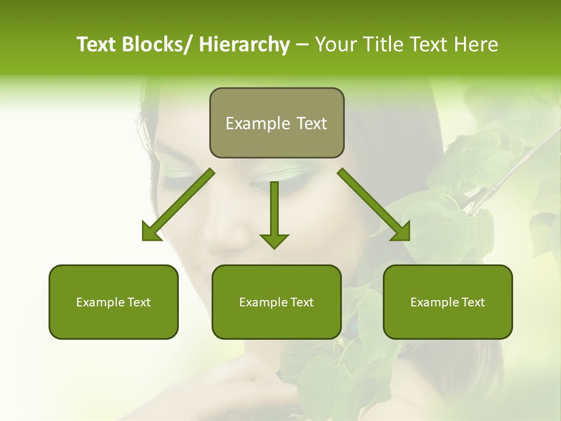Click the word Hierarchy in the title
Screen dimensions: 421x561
tap(244, 44)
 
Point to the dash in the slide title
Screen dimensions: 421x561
tap(302, 45)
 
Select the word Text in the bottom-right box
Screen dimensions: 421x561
tap(472, 302)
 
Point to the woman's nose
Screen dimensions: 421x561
tap(231, 234)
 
